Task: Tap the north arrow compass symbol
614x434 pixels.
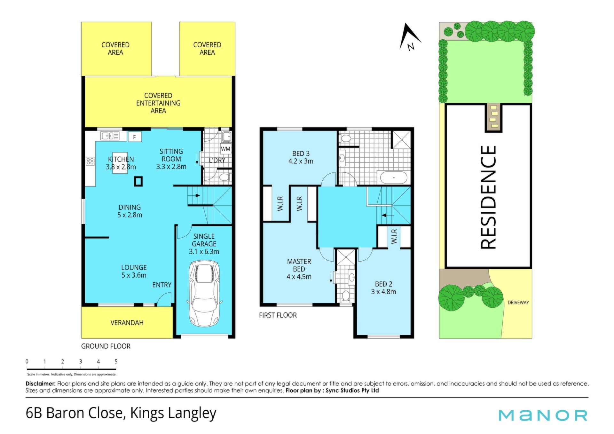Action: coord(409,37)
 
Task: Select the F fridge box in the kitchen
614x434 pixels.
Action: coord(135,137)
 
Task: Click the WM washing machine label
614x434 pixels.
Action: coord(225,149)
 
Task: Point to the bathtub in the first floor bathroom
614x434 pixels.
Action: coord(392,177)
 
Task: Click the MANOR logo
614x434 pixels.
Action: coord(543,415)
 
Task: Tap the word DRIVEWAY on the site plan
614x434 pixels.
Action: coord(518,302)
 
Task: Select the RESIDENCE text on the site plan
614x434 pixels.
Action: coord(488,197)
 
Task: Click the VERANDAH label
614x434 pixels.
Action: coord(127,323)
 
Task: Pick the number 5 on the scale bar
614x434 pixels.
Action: coord(116,361)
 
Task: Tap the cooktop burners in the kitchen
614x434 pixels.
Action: coord(90,161)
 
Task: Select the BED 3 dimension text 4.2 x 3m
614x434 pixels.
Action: coord(301,161)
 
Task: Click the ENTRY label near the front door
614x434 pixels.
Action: coord(162,285)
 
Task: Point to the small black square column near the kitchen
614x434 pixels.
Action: coord(138,182)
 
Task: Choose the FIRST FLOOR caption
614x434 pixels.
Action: coord(278,315)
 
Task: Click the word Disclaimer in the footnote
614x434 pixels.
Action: coord(41,383)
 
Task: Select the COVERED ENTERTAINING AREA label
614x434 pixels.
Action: coord(158,103)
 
